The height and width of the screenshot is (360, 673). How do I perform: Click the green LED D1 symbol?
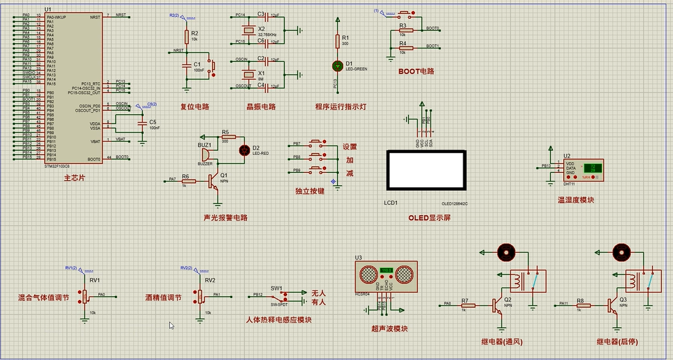[336, 65]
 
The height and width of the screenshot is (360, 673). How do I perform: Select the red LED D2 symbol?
[245, 150]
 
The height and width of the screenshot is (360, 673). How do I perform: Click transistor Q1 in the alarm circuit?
[215, 183]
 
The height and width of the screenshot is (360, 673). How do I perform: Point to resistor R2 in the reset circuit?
[186, 36]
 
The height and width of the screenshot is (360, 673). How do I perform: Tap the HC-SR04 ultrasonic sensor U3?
[386, 275]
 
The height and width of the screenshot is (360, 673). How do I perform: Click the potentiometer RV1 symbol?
[85, 297]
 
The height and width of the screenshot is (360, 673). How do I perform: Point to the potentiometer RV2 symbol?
[199, 297]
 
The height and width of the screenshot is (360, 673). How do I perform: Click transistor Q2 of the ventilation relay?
[497, 306]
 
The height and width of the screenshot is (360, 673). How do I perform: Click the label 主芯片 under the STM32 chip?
[74, 177]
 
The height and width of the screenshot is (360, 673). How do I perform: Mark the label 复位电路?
[194, 106]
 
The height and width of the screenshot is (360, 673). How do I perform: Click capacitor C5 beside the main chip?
[143, 123]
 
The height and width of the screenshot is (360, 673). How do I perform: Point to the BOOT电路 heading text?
[416, 72]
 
